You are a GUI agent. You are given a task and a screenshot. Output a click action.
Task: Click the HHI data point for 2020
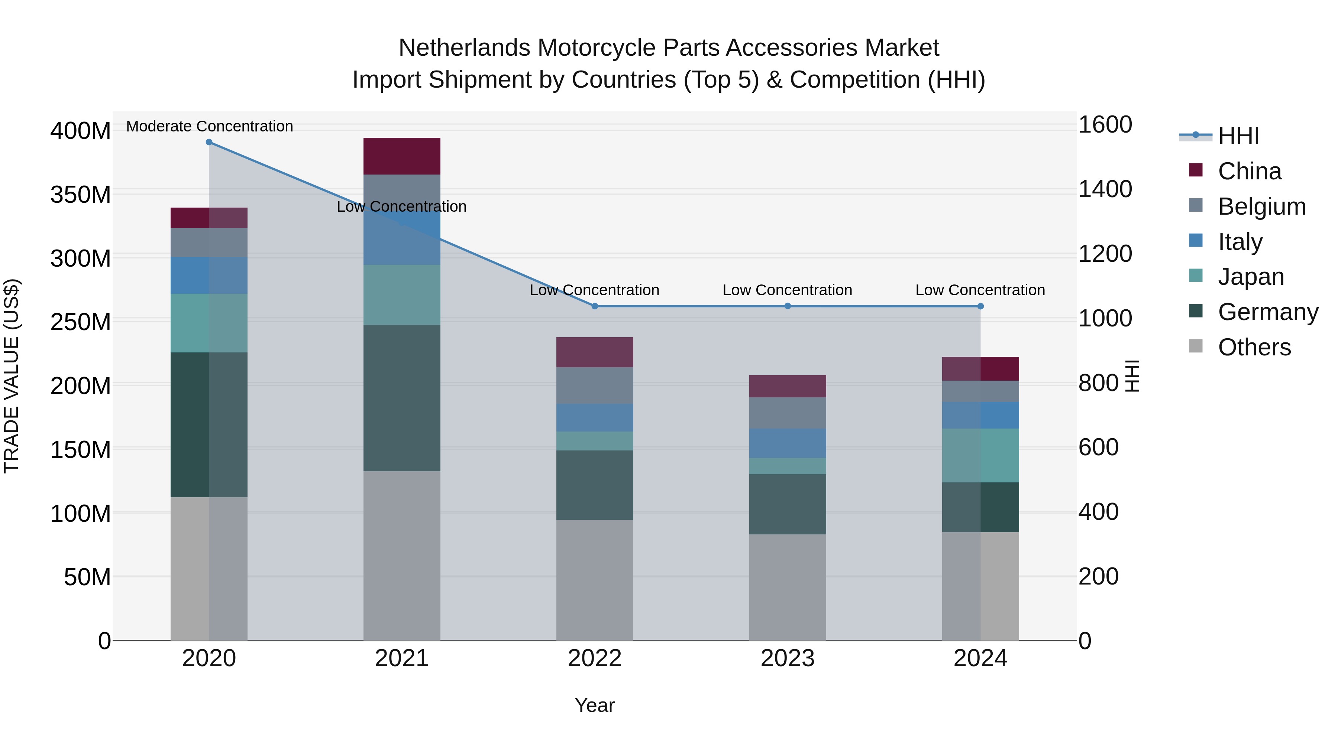(x=209, y=142)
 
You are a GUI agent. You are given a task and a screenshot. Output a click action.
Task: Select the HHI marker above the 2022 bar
(x=595, y=306)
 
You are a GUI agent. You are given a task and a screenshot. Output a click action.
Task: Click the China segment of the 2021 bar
(x=401, y=156)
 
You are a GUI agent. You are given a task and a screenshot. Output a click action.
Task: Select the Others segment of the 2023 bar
(x=788, y=587)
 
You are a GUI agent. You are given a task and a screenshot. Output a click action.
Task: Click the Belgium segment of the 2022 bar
(x=595, y=385)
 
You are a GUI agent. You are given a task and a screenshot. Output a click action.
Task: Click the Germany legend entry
(x=1267, y=312)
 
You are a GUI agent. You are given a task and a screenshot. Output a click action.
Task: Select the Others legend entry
(x=1254, y=347)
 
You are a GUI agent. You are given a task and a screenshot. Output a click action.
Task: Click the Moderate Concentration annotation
(x=209, y=126)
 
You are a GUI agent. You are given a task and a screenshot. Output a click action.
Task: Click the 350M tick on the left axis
(x=81, y=195)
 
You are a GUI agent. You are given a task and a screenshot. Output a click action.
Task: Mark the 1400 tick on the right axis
(x=1105, y=189)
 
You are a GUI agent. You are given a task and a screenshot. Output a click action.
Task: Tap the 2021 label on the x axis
(x=401, y=658)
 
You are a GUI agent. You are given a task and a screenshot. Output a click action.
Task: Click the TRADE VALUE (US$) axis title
(x=12, y=376)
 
